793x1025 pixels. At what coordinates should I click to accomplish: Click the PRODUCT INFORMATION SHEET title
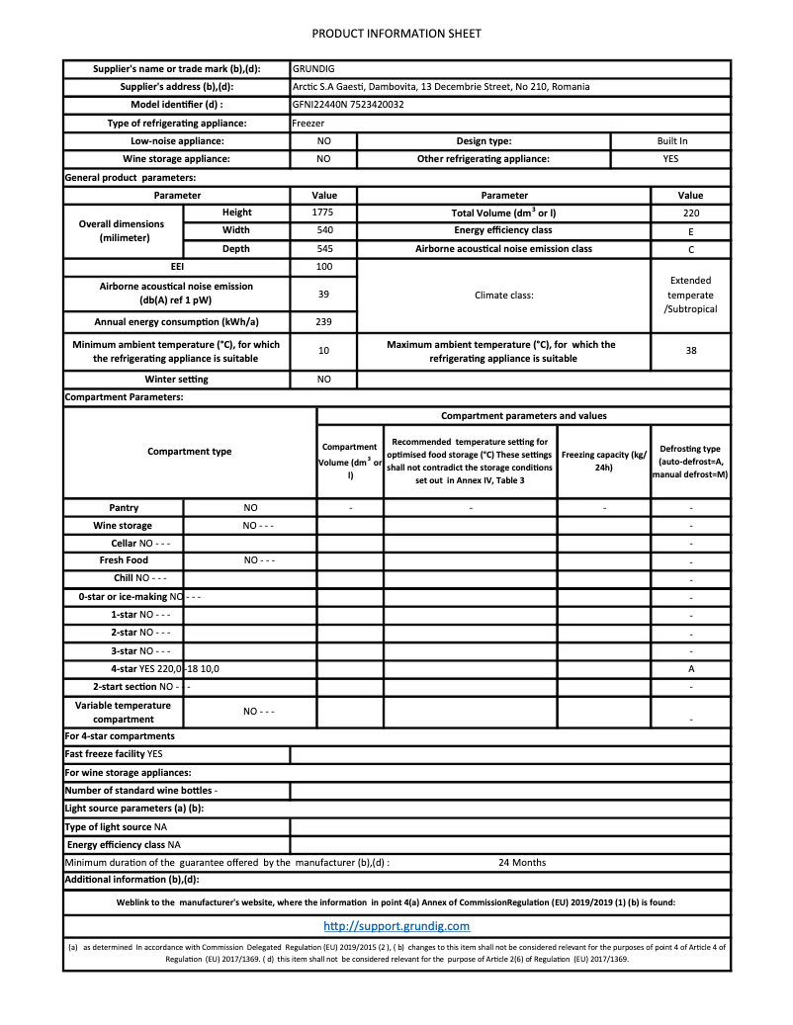click(x=396, y=34)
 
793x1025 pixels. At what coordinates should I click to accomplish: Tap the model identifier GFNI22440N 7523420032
click(x=348, y=105)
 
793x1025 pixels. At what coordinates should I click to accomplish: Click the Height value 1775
click(x=323, y=213)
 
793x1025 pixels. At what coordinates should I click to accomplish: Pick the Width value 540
click(x=323, y=230)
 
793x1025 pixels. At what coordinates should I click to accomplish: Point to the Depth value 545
click(x=323, y=249)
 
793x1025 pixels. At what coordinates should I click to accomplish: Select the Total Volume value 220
click(x=690, y=213)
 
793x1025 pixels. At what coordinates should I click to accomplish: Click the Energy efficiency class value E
click(x=690, y=230)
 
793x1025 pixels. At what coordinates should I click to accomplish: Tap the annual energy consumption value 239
click(x=323, y=322)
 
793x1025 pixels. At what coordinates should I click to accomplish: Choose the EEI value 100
click(x=323, y=267)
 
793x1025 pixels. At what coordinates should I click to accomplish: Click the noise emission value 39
click(x=323, y=295)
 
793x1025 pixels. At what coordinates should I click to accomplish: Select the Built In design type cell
click(x=671, y=141)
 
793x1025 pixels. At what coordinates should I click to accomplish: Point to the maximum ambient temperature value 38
click(x=690, y=351)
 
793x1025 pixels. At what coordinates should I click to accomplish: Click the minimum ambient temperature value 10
click(x=323, y=351)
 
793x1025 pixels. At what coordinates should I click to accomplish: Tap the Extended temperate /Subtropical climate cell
click(x=690, y=295)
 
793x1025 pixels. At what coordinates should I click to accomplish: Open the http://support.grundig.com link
click(x=396, y=926)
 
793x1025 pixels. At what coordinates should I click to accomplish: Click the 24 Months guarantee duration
click(x=521, y=862)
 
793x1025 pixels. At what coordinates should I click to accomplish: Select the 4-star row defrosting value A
click(x=691, y=668)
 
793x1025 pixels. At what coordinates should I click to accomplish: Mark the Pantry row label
click(x=124, y=507)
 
